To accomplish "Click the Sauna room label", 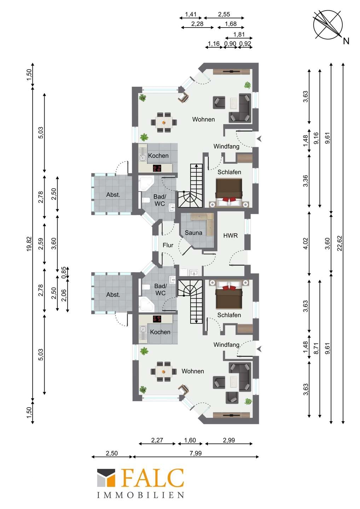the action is click(193, 233).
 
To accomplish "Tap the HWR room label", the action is click(231, 236).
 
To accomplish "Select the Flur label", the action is click(168, 245).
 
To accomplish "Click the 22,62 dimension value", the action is click(339, 243).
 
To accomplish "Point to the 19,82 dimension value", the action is click(29, 244).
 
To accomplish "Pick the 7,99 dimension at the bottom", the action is click(196, 453).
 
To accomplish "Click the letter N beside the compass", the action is click(346, 41).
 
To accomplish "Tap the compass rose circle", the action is click(328, 25).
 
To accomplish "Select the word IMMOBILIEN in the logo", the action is click(141, 495).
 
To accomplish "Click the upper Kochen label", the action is click(158, 156).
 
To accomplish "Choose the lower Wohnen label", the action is click(193, 371).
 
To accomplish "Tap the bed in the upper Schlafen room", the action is click(229, 193).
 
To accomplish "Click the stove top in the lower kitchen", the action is click(157, 319).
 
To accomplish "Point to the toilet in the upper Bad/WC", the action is click(146, 200).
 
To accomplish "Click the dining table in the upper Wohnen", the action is click(164, 122).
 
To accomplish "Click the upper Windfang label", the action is click(226, 147).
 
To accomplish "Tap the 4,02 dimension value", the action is click(306, 243).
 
